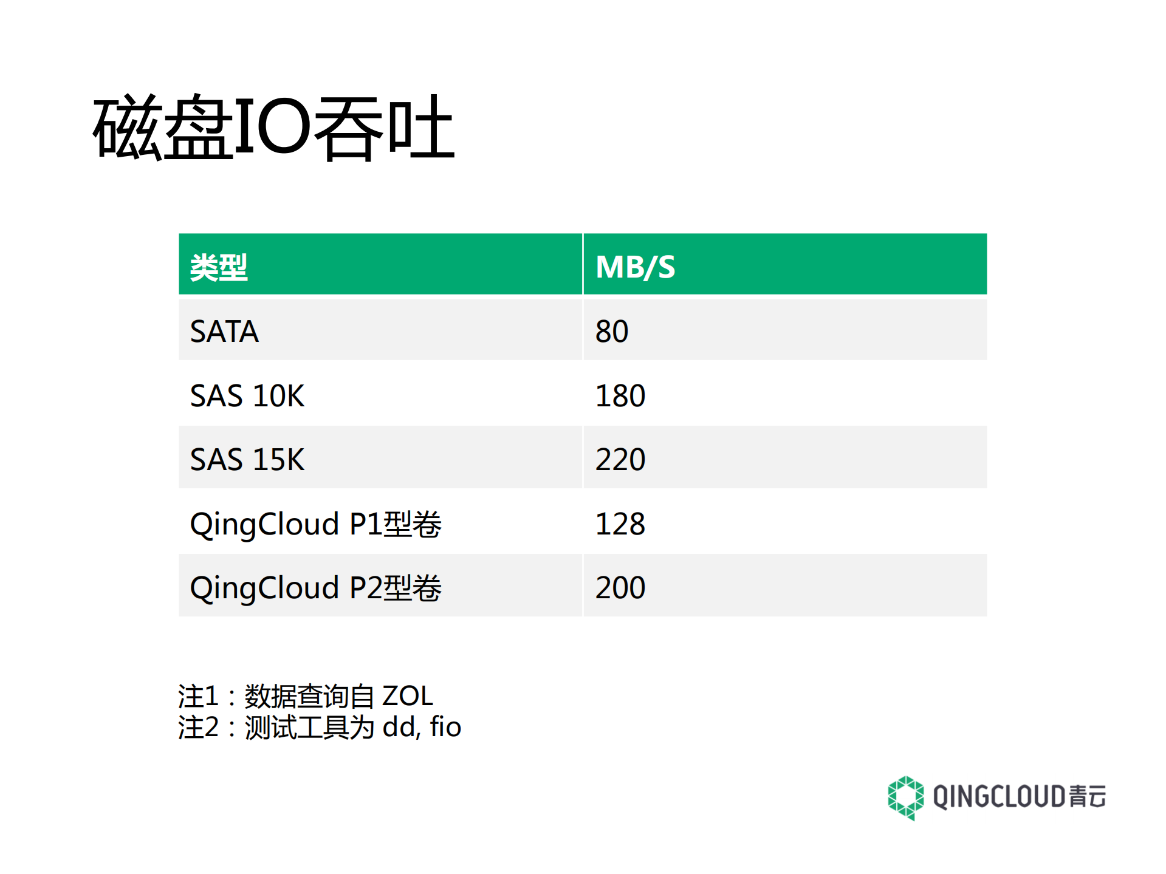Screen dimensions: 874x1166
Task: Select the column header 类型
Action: pos(219,267)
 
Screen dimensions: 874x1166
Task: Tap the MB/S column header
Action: pos(635,267)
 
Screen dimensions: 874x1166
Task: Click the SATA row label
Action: pos(224,332)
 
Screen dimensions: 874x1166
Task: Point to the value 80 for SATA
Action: pos(611,332)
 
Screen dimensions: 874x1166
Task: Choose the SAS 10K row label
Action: pos(247,396)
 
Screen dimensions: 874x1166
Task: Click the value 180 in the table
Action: pos(620,396)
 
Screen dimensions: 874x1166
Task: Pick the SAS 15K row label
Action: pos(247,460)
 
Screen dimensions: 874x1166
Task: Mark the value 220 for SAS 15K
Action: pos(620,460)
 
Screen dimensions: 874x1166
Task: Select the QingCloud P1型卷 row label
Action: pos(315,524)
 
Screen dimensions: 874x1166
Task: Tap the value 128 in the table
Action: pos(620,524)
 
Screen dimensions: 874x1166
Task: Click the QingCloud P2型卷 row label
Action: pos(315,588)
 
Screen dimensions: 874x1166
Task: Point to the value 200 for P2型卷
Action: pos(620,588)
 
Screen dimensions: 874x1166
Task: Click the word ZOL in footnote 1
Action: pos(407,696)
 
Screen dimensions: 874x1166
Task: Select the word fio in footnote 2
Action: pos(445,727)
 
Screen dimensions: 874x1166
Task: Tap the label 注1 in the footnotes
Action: pos(198,696)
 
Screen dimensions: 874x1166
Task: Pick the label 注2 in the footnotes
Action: pos(198,727)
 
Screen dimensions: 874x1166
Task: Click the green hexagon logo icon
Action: pos(905,797)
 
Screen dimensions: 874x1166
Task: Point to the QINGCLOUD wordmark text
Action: pos(1000,797)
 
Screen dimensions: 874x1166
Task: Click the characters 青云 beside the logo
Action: pos(1088,797)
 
